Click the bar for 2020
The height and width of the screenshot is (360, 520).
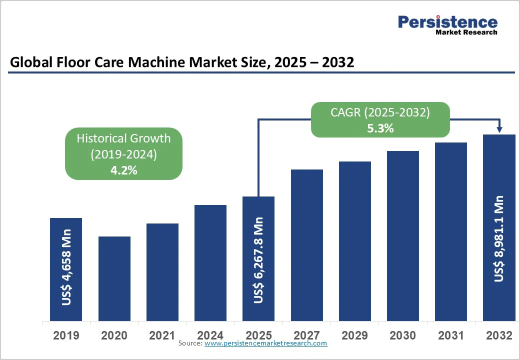tap(114, 278)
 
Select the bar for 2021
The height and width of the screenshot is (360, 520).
tap(162, 272)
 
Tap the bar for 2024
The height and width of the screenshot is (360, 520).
tap(210, 263)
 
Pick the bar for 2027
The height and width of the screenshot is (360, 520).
tap(307, 245)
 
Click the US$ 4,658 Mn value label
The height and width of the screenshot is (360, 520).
tap(66, 267)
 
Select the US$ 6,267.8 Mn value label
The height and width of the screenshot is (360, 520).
tap(258, 260)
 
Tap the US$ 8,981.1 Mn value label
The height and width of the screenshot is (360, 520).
tap(499, 238)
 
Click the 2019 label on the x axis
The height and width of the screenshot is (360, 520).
tap(66, 335)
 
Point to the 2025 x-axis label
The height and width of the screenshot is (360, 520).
tap(258, 335)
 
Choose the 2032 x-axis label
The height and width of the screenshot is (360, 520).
tap(499, 335)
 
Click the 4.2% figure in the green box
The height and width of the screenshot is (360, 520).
tap(124, 170)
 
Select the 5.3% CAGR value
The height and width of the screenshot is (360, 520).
tap(380, 128)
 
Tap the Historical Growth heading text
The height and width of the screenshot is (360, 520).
tap(123, 138)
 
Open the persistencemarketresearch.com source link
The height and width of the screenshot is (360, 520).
tap(265, 343)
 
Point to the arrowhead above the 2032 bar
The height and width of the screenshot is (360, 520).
tap(499, 130)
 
